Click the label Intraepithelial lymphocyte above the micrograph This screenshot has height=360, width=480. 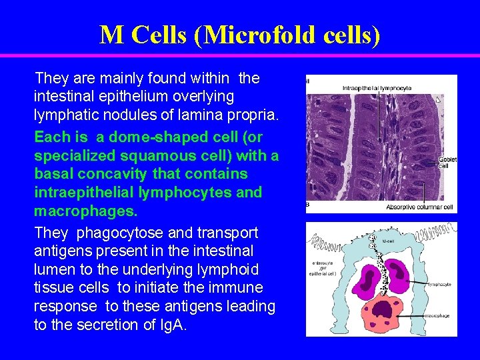click(377, 87)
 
